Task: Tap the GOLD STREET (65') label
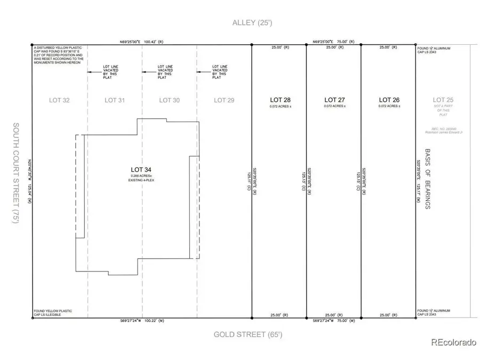248,335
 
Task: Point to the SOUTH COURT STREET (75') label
16,173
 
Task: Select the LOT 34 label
142,170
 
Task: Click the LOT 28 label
280,100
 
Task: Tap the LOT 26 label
389,100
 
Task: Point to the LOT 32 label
59,100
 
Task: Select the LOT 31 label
114,100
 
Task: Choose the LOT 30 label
169,100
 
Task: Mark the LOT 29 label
223,100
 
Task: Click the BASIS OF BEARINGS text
428,179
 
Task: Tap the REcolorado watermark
453,343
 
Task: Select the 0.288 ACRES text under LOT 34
142,177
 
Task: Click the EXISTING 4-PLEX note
142,181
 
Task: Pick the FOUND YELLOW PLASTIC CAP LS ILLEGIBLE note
52,313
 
